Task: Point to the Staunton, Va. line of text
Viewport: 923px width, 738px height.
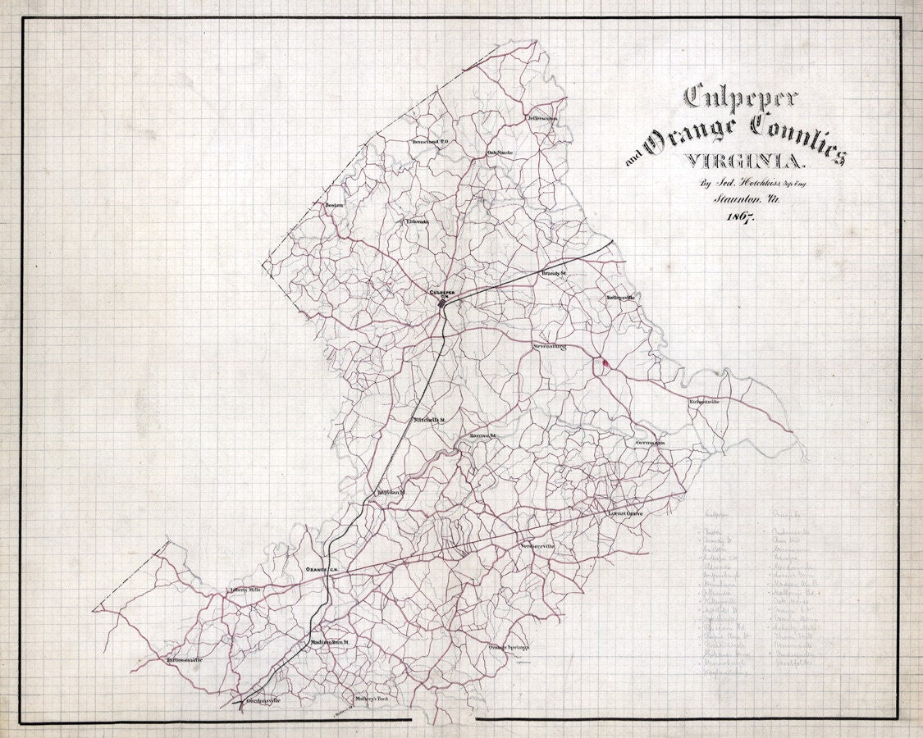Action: click(x=735, y=198)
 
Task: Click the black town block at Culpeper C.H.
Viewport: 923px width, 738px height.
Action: click(x=442, y=304)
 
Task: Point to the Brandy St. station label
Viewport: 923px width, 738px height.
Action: click(x=554, y=272)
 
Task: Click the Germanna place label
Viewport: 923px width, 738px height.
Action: click(x=650, y=443)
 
